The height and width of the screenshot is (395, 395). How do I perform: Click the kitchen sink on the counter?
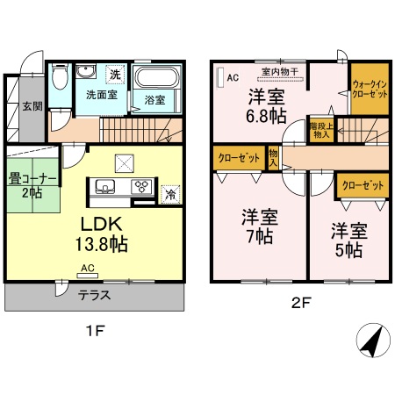tap(104, 186)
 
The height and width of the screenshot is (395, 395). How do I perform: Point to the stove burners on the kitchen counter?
tap(140, 186)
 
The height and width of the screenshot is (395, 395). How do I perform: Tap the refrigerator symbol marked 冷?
tap(169, 194)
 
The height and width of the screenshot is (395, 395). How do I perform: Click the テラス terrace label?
tap(93, 296)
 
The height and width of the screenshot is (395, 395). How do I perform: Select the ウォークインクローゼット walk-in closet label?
tap(369, 88)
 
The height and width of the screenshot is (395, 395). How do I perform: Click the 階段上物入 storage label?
tap(320, 131)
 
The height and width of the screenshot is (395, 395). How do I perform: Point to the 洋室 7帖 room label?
tap(259, 226)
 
